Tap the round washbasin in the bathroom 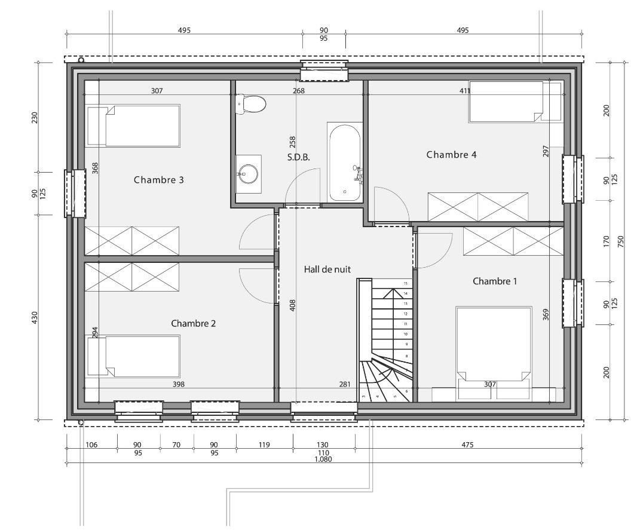click(248, 174)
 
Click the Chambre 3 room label click(159, 179)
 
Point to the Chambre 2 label click(194, 323)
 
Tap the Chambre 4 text click(451, 154)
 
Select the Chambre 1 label click(495, 281)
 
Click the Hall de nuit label click(327, 269)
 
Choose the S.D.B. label click(299, 157)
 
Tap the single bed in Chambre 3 click(134, 126)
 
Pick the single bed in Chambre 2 click(134, 356)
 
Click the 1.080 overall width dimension click(323, 459)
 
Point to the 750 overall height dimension click(620, 241)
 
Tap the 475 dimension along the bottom click(468, 445)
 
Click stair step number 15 click(405, 283)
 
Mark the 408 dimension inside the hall click(292, 305)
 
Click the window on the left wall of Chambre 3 click(75, 194)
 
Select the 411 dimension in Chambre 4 click(465, 91)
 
